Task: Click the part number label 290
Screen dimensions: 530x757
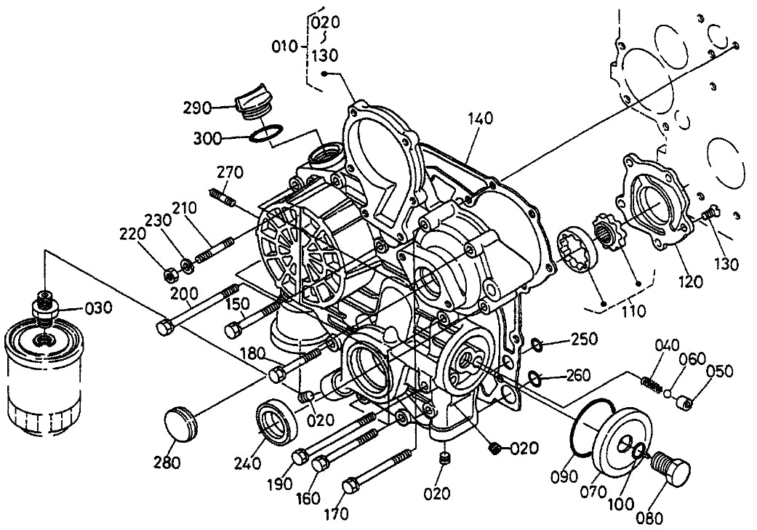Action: [x=196, y=108]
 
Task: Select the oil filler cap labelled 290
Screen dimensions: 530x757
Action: [x=249, y=102]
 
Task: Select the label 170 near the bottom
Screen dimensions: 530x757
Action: [x=335, y=515]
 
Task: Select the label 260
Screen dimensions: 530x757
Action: [x=579, y=377]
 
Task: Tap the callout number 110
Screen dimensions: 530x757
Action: [x=632, y=311]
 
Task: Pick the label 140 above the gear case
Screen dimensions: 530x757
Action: [x=481, y=119]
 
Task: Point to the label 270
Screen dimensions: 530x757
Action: [x=230, y=173]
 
